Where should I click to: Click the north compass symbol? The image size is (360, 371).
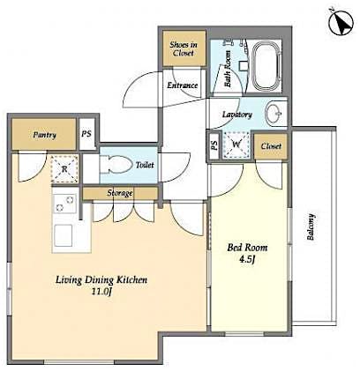pyautogui.click(x=335, y=22)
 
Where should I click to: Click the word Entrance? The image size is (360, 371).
pyautogui.click(x=184, y=85)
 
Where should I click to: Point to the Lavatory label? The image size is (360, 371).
pyautogui.click(x=237, y=115)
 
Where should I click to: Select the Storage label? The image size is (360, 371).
pyautogui.click(x=120, y=192)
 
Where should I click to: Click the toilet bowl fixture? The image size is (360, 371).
pyautogui.click(x=114, y=164)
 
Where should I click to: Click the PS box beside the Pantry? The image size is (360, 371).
pyautogui.click(x=86, y=135)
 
